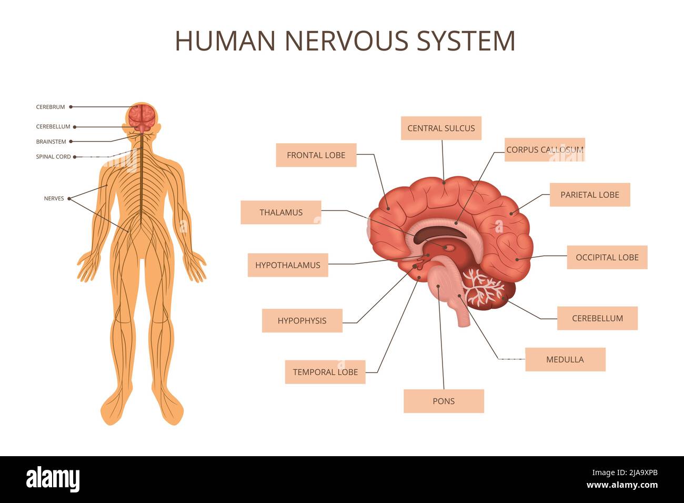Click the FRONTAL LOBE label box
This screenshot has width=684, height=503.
click(316, 155)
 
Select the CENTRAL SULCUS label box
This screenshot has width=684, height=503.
click(441, 128)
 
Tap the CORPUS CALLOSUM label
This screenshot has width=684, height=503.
click(545, 150)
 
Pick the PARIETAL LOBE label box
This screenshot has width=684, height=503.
click(589, 195)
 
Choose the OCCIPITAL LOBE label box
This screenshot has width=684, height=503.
click(607, 257)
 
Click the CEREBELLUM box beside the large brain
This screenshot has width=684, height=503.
click(597, 318)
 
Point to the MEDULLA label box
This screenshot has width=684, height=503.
click(565, 359)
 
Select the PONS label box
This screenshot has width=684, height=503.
click(444, 401)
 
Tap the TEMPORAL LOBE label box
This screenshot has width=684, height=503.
click(325, 372)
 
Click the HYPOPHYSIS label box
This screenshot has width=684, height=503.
click(302, 320)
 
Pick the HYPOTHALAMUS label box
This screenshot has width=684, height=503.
click(288, 265)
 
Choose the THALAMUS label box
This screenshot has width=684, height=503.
click(281, 213)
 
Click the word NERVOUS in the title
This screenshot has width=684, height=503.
click(347, 41)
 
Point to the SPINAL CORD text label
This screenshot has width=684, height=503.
click(53, 157)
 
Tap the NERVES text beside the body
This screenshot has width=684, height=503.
click(54, 198)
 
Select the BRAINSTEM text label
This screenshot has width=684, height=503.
click(51, 142)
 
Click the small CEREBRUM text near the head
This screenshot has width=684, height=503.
click(51, 107)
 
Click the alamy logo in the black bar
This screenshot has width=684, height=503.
click(53, 479)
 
